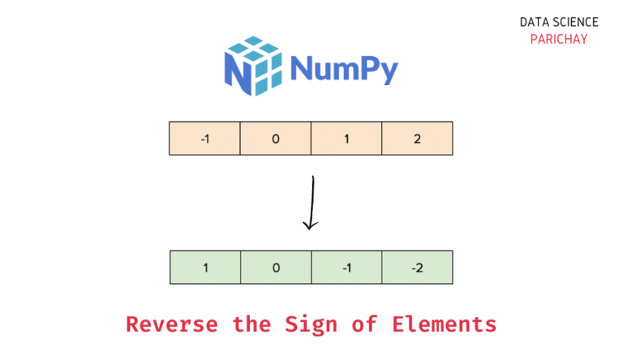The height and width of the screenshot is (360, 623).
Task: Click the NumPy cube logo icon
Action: tap(252, 66)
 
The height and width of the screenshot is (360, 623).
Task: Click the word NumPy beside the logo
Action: tap(344, 68)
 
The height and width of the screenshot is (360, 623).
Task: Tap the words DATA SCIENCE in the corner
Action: tap(559, 22)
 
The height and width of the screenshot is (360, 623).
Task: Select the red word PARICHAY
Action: tap(559, 39)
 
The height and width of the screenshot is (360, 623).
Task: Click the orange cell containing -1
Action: tap(204, 139)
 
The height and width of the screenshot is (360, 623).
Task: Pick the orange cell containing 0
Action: tap(275, 139)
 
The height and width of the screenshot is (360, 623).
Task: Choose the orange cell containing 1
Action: tap(346, 139)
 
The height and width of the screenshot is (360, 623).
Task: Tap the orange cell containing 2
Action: tap(417, 139)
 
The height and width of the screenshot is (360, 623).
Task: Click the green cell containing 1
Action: tap(205, 268)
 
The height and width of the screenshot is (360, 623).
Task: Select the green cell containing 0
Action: tap(276, 268)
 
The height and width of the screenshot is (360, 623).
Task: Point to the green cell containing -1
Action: tap(346, 268)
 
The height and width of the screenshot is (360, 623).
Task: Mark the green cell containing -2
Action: tap(417, 268)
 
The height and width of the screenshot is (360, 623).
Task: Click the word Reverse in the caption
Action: tap(172, 325)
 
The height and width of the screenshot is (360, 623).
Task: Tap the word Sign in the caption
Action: tap(308, 325)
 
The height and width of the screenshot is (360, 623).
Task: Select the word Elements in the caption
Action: tap(445, 325)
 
